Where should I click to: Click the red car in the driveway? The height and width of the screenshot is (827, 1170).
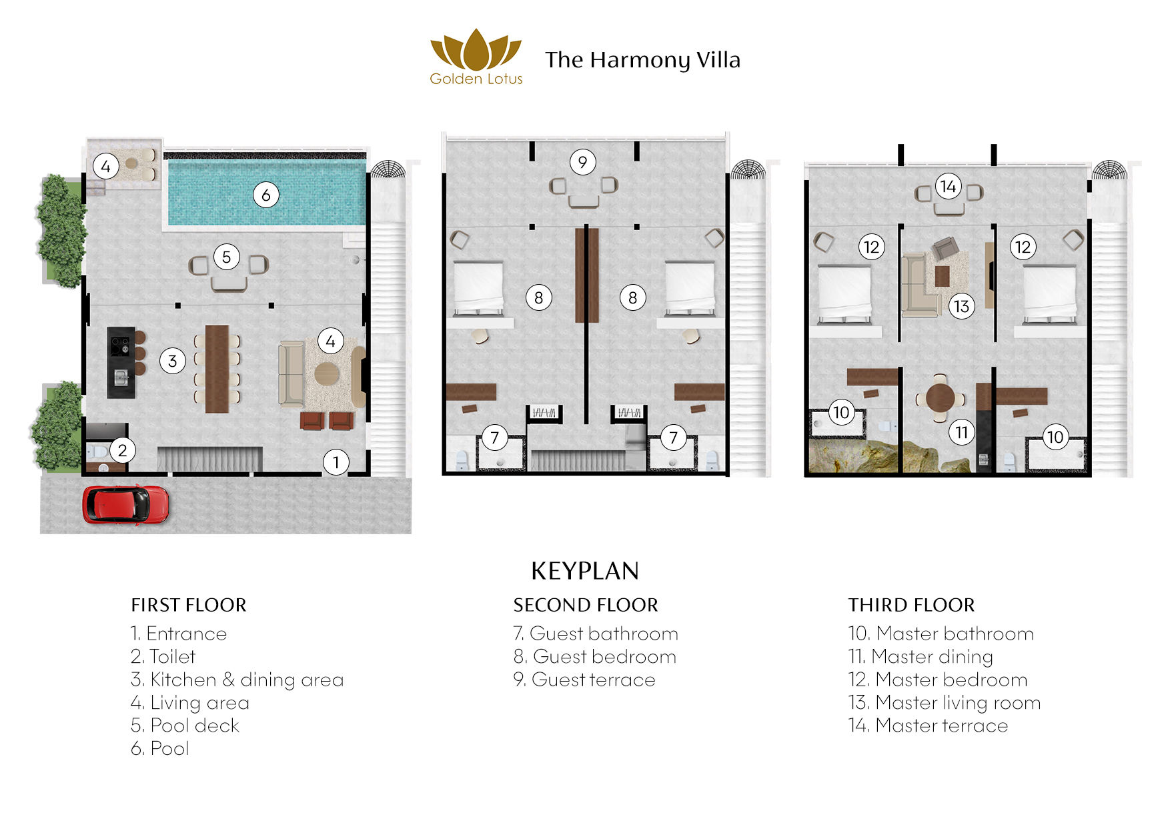[125, 504]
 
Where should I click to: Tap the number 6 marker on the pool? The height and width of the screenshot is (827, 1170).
[265, 195]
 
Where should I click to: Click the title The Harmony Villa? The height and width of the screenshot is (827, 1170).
[642, 60]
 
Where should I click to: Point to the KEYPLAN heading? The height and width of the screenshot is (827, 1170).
[584, 571]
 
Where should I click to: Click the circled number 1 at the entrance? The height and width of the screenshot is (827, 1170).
[336, 462]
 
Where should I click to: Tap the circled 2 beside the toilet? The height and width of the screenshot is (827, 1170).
[122, 450]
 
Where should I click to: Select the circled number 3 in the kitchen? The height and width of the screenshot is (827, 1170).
[172, 361]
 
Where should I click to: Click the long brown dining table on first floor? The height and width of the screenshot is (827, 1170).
[217, 368]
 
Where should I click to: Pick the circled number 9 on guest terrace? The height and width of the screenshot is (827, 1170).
[582, 162]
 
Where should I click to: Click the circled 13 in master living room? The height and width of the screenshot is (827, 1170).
[961, 306]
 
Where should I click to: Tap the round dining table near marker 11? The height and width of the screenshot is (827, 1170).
[940, 398]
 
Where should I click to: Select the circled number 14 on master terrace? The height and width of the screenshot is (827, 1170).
[948, 187]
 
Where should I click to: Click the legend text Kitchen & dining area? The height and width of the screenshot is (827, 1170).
[246, 680]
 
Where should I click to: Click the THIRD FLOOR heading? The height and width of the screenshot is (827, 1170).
[911, 605]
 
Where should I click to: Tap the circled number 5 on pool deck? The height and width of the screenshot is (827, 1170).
[226, 257]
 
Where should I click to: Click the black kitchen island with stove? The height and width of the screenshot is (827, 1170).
[121, 362]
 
